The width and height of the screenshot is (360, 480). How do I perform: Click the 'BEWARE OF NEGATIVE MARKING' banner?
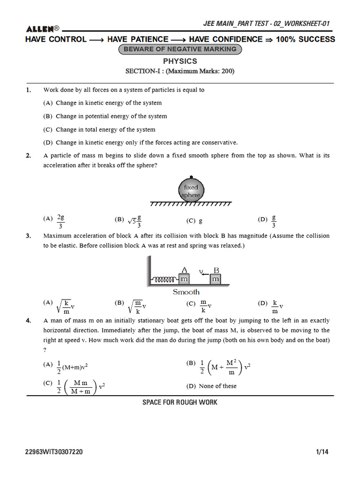[x=180, y=50]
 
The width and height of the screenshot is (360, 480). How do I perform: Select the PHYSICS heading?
[x=180, y=61]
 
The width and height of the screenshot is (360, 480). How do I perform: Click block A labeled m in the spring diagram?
[x=184, y=279]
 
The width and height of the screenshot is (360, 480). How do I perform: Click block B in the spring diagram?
[x=216, y=279]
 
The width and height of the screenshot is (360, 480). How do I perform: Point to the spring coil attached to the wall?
[x=165, y=280]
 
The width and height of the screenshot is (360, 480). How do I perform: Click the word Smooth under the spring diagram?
[x=186, y=292]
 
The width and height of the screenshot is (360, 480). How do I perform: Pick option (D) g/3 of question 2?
[x=268, y=220]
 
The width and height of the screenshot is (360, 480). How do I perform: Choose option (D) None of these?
[x=211, y=386]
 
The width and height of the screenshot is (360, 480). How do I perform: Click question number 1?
[x=29, y=90]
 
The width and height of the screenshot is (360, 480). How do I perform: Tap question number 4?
[x=29, y=321]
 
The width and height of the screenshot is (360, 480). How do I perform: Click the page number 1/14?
[x=322, y=452]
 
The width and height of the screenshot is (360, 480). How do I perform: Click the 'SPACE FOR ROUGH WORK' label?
[x=180, y=402]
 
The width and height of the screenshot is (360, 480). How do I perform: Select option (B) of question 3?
[x=131, y=305]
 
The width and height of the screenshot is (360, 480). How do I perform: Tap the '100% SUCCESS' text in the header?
[x=306, y=39]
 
